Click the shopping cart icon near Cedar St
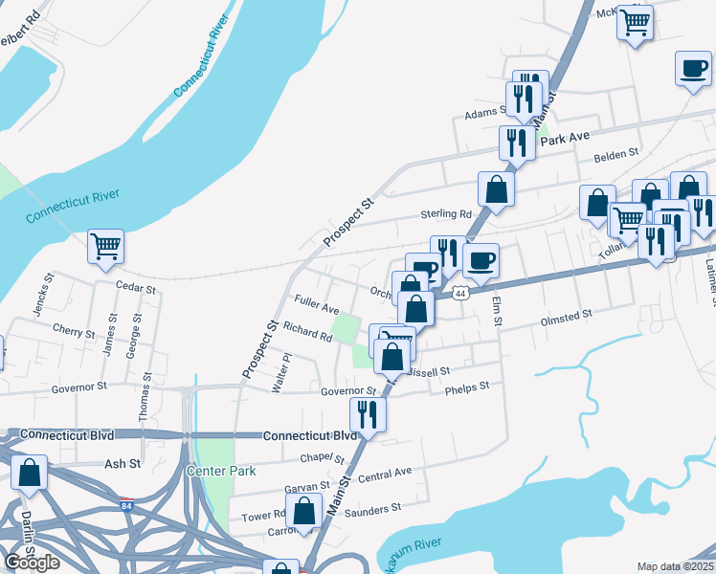coord(106,245)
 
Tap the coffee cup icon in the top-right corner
coord(693,69)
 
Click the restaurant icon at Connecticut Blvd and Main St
coord(367,414)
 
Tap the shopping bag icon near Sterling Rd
coord(497,188)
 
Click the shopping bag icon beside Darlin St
coord(30,473)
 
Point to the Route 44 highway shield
coord(460,293)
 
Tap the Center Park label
coord(222,471)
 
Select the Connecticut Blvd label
coord(310,434)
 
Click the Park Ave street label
coord(564,139)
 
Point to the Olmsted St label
coord(567,313)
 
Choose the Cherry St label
coord(74,334)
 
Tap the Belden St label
coord(615,154)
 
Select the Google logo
coord(32,562)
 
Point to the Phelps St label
coord(467,386)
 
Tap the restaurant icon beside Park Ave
coord(517,143)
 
